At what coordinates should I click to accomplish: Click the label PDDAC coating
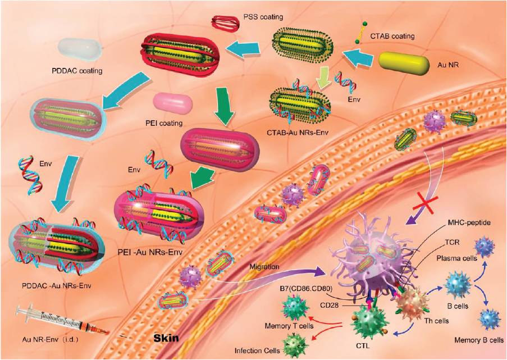pos(77,71)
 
